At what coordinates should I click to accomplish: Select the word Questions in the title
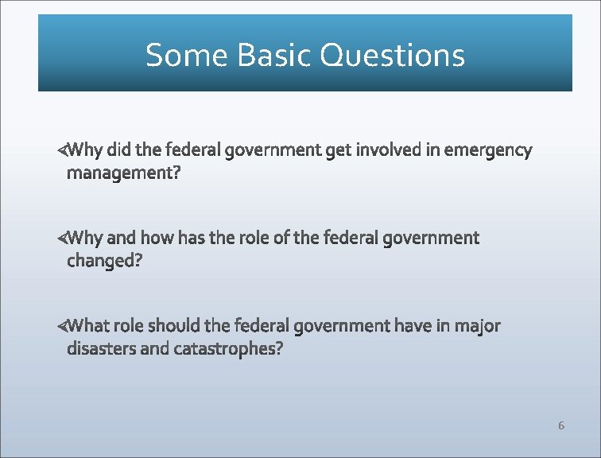[392, 55]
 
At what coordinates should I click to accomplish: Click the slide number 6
[560, 425]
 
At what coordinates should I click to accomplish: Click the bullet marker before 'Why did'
[62, 150]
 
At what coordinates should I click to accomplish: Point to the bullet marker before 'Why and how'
[62, 238]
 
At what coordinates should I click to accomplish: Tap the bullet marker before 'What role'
[62, 326]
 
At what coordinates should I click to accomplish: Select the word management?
[123, 173]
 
